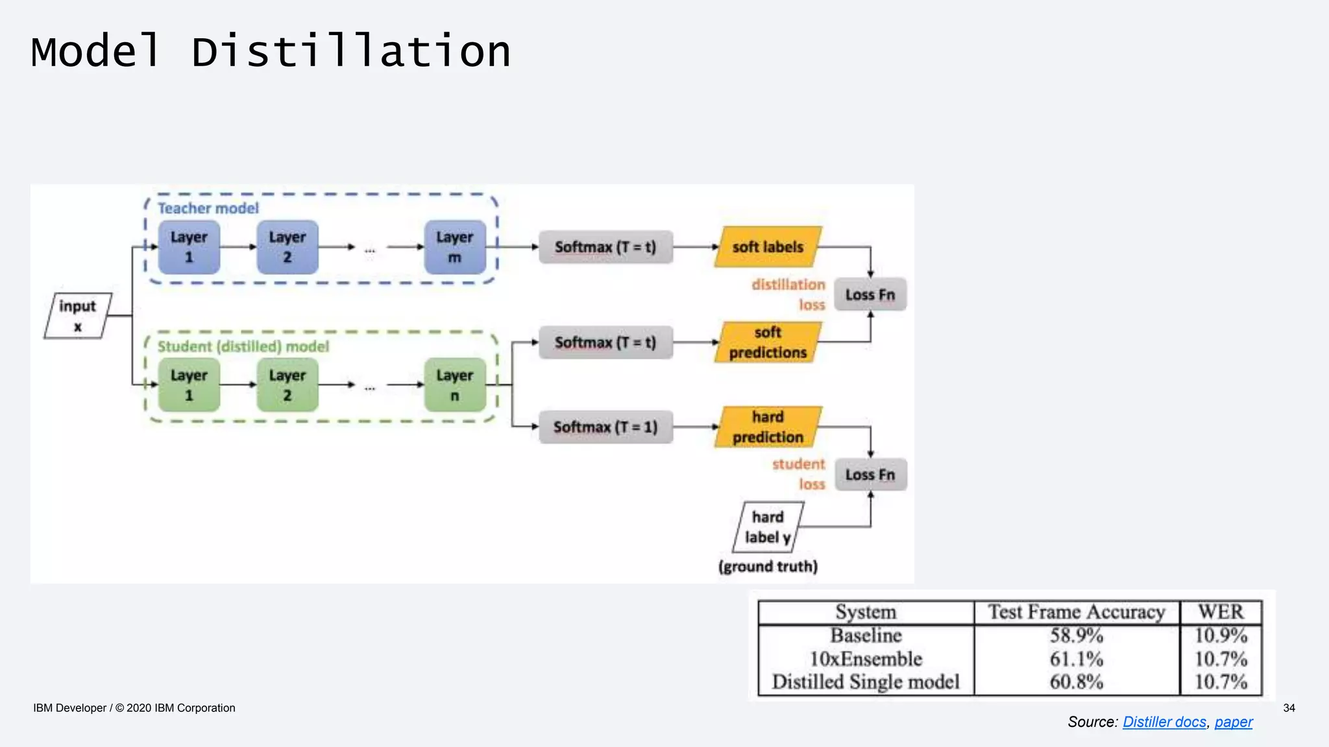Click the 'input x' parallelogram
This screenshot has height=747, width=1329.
77,316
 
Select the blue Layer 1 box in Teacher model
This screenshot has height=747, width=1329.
189,247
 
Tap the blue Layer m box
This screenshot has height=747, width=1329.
455,247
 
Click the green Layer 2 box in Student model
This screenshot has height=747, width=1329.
287,385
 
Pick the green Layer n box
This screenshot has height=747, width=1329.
455,385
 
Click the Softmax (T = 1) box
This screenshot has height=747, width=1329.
605,427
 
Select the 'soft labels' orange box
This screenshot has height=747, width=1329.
768,247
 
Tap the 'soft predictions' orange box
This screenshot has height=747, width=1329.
768,342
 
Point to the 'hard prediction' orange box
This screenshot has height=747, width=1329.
768,427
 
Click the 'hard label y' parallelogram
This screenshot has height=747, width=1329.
768,527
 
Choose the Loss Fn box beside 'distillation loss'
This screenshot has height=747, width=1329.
870,294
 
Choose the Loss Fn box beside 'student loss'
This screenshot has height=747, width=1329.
870,475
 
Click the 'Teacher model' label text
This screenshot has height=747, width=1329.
208,208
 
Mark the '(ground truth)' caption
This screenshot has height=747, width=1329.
768,567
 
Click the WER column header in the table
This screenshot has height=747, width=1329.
1221,612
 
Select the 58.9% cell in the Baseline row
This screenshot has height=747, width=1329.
1077,635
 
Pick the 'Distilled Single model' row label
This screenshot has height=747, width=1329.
866,682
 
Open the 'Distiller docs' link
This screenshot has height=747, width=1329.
1164,722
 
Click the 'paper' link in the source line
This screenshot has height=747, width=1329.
1234,722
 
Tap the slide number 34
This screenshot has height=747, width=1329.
1289,708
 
